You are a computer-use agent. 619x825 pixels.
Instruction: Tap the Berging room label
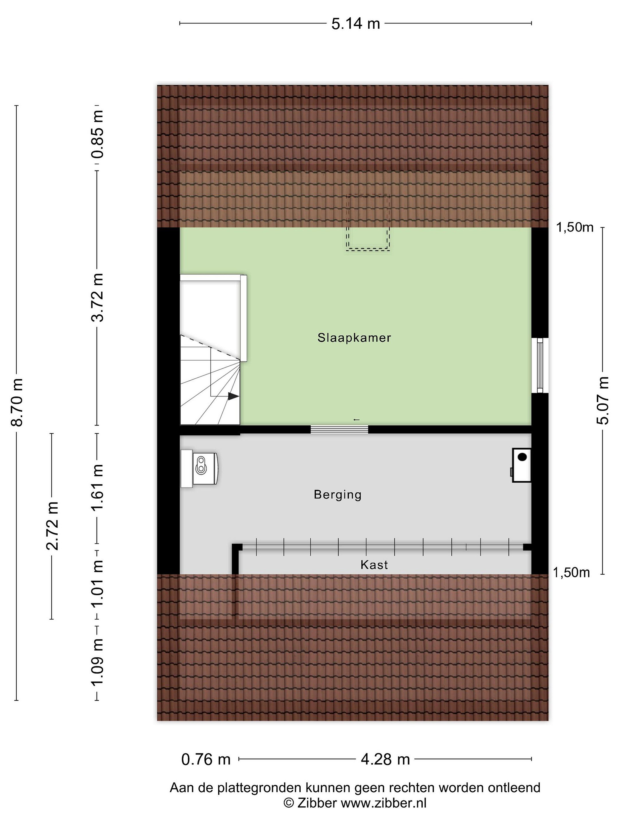coord(337,495)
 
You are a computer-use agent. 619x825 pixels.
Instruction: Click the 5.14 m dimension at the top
coord(356,24)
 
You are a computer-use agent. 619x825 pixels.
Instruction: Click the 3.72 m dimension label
coord(98,297)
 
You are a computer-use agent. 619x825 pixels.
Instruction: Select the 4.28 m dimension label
coord(385,759)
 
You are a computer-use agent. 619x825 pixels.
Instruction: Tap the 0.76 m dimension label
coord(206,759)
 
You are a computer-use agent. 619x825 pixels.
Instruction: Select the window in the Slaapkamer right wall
coord(540,366)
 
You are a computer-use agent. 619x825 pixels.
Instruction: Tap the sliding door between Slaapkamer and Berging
coord(340,429)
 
